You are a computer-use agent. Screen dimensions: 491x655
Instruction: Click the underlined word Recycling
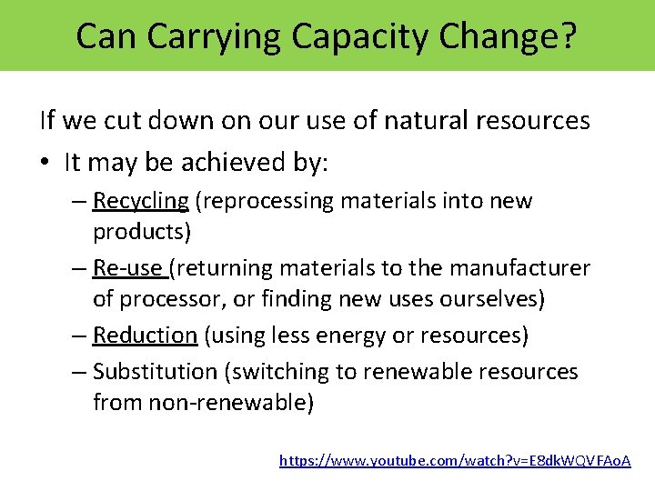click(141, 201)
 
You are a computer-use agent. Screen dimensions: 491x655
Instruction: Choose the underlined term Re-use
click(127, 268)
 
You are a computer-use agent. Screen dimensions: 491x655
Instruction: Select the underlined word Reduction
click(145, 336)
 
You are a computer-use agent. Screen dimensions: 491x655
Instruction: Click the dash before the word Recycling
click(79, 201)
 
